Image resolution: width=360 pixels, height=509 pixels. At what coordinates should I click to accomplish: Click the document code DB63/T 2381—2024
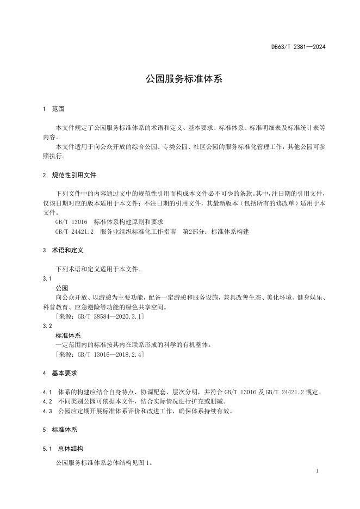[x=298, y=47]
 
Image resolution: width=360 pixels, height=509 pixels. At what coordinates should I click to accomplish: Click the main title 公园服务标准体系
[x=180, y=78]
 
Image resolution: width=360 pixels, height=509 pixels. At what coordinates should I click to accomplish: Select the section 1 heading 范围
[x=58, y=109]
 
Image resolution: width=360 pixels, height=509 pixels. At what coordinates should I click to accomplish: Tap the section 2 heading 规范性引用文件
[x=75, y=175]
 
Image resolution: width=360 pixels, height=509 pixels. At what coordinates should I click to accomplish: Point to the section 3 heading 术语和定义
[x=67, y=251]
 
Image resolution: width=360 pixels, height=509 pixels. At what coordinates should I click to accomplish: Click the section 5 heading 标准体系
[x=64, y=430]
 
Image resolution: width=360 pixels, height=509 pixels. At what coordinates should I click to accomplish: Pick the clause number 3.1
[x=46, y=278]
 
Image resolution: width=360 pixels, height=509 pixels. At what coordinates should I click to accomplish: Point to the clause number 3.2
[x=46, y=325]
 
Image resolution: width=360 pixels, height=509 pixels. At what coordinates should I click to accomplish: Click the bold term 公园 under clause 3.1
[x=61, y=288]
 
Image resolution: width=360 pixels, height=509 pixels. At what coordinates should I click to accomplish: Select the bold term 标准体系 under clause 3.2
[x=68, y=335]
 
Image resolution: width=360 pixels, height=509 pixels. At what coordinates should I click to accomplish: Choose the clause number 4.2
[x=46, y=401]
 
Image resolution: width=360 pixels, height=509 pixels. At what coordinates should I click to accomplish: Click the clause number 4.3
[x=46, y=411]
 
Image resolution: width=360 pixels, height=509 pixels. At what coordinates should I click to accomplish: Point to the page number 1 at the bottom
[x=317, y=471]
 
